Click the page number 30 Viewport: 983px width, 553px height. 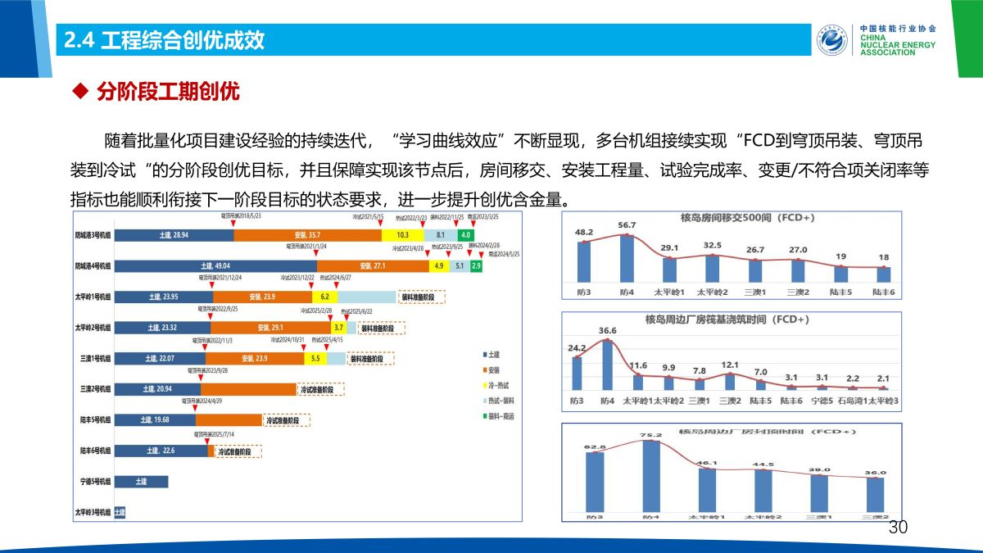click(899, 528)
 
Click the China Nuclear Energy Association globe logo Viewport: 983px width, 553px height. click(833, 39)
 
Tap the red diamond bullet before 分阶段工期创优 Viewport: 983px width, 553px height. click(80, 92)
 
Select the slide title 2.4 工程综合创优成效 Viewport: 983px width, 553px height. click(164, 40)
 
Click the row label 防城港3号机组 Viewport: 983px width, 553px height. click(93, 235)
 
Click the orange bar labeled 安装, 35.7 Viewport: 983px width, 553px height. click(307, 235)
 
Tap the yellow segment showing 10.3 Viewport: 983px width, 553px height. click(402, 235)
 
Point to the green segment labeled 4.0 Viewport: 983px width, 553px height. click(465, 235)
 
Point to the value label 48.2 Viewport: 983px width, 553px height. click(583, 232)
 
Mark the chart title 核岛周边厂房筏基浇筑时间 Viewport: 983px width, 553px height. click(732, 318)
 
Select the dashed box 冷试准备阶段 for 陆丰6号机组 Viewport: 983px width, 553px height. click(238, 451)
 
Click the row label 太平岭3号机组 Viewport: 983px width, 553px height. click(93, 513)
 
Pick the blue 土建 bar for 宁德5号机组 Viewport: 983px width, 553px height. click(141, 482)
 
